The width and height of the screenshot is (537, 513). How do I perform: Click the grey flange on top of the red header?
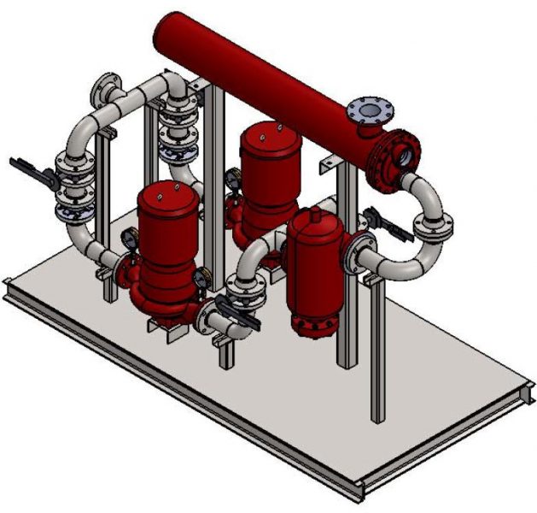pyautogui.click(x=370, y=109)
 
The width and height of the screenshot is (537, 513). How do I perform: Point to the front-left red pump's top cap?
pyautogui.click(x=168, y=197)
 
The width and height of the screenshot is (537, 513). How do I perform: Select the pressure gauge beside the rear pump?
pyautogui.click(x=232, y=178)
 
